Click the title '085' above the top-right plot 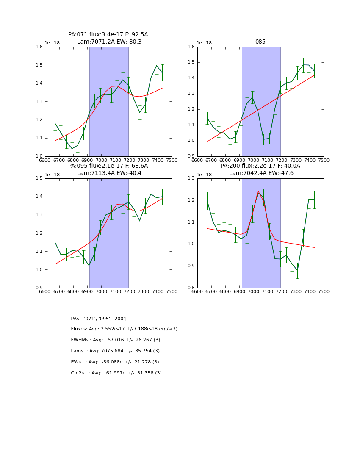[260, 42]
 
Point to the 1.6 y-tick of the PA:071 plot [39, 47]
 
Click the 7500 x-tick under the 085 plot [324, 160]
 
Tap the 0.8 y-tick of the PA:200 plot [191, 288]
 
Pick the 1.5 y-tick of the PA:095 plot [39, 178]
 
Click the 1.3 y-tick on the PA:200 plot [191, 178]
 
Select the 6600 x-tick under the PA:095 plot [45, 291]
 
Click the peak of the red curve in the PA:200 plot [258, 191]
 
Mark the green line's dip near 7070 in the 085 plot [263, 139]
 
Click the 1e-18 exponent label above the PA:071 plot [53, 43]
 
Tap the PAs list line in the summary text [99, 319]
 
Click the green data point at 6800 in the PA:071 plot [72, 149]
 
